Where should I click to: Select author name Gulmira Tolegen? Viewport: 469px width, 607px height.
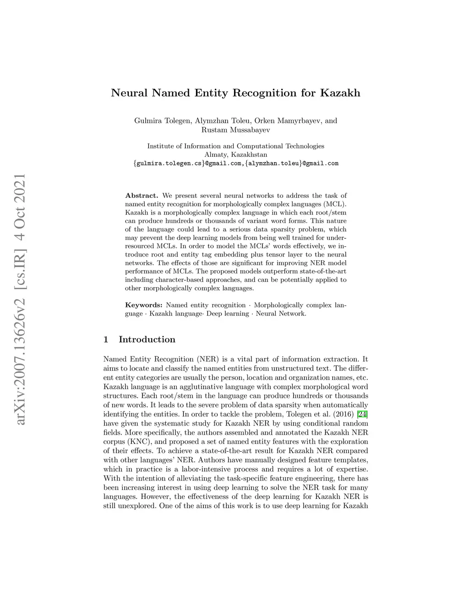[x=163, y=121]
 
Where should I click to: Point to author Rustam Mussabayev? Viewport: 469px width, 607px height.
[x=235, y=130]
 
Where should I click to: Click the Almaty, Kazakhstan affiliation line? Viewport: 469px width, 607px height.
[x=235, y=155]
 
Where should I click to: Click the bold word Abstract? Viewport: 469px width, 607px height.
[x=142, y=196]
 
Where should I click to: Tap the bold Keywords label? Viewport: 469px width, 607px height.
[x=143, y=305]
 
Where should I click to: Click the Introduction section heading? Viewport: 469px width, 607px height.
[x=147, y=339]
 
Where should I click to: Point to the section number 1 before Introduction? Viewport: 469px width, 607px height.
[x=106, y=339]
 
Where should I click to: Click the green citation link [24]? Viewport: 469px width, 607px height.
[x=362, y=414]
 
